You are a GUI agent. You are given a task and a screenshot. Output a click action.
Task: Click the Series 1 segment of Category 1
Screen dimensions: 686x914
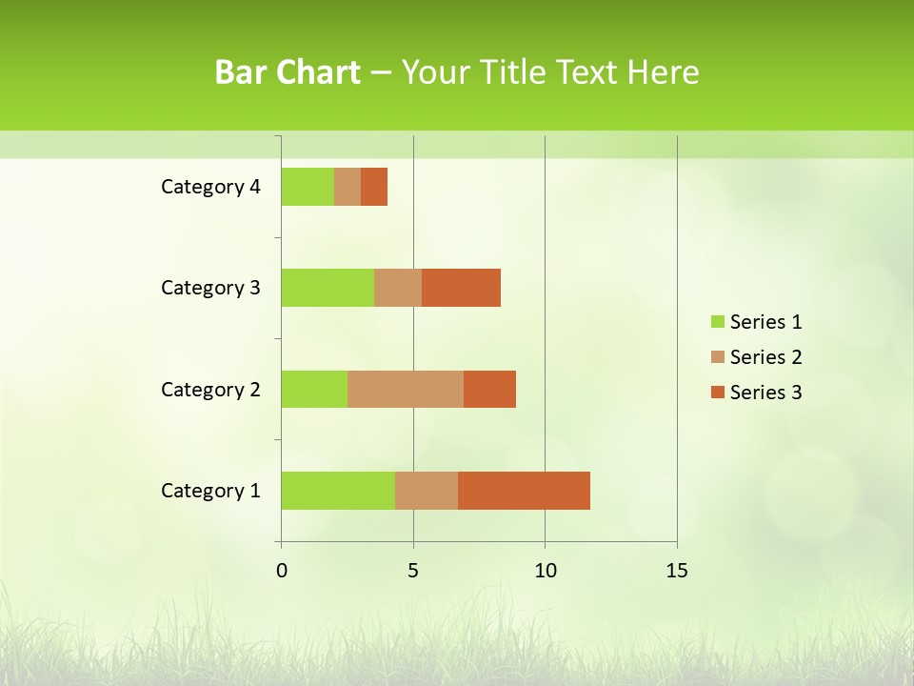[338, 491]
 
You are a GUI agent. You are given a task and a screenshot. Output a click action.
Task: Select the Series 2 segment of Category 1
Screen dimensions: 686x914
[427, 491]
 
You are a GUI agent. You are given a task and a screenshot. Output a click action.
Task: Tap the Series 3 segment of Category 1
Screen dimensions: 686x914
[524, 491]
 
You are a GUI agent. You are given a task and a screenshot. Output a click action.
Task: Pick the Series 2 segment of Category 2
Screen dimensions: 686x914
[406, 389]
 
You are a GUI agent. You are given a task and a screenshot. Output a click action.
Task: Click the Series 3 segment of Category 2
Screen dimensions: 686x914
[489, 389]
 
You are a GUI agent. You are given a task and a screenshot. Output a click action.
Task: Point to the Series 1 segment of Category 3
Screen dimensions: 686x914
[328, 288]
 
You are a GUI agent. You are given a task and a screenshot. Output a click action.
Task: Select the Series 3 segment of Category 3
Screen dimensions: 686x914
[461, 288]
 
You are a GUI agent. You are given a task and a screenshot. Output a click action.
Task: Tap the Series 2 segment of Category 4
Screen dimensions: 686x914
[348, 187]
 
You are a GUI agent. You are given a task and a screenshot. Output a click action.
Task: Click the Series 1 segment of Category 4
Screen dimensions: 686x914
[308, 187]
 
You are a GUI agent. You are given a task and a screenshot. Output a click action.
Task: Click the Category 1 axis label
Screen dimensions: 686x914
[210, 491]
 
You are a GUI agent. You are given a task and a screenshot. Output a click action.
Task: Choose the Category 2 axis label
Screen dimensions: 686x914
[210, 389]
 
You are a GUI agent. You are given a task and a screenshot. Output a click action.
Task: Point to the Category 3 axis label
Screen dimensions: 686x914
[210, 288]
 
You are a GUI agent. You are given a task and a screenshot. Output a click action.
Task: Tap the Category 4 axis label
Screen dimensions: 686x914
[210, 187]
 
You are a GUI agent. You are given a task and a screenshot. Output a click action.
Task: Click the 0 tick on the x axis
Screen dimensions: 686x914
[282, 571]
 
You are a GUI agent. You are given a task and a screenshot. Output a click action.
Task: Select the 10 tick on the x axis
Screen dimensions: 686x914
[545, 571]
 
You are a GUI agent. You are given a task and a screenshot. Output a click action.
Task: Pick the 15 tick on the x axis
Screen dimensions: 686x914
[676, 571]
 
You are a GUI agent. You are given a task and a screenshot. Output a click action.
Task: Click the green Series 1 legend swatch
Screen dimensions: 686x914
[717, 322]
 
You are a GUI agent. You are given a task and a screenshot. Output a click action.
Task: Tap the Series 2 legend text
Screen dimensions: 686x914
[765, 357]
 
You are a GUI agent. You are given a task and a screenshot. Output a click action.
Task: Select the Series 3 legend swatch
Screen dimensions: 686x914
[717, 393]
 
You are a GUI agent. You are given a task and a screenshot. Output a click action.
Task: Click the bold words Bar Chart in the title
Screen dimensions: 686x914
[287, 72]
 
